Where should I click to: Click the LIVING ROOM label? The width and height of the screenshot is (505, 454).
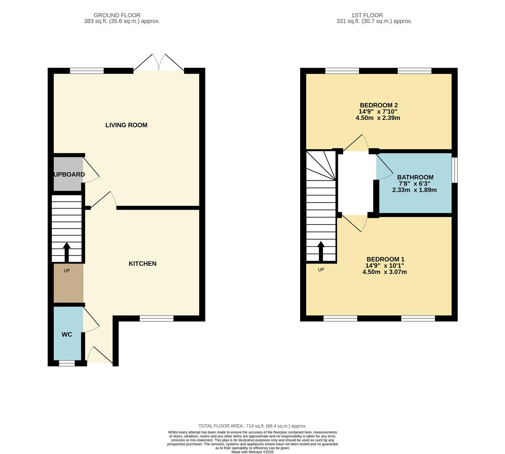(x=126, y=125)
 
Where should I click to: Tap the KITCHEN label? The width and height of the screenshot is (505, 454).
(x=142, y=264)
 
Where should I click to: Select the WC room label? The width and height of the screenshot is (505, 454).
(x=67, y=335)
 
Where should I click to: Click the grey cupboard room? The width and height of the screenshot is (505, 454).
(x=68, y=174)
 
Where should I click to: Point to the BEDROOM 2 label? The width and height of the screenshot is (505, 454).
(x=378, y=105)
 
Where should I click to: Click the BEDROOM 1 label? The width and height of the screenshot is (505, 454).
(x=385, y=259)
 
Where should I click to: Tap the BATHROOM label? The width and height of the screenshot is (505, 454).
(x=415, y=177)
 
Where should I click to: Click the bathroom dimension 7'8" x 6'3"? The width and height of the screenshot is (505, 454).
(x=415, y=184)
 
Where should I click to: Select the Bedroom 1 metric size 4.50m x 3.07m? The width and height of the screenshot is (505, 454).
(x=384, y=272)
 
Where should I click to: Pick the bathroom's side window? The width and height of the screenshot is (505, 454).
(x=454, y=170)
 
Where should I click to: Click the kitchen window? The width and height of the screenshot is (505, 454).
(x=157, y=319)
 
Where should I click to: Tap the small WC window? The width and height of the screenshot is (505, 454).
(x=67, y=363)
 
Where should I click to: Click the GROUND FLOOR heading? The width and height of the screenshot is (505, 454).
(x=117, y=15)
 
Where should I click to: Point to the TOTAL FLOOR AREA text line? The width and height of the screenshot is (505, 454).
(x=252, y=426)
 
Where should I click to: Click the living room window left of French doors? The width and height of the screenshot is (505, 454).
(x=87, y=71)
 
